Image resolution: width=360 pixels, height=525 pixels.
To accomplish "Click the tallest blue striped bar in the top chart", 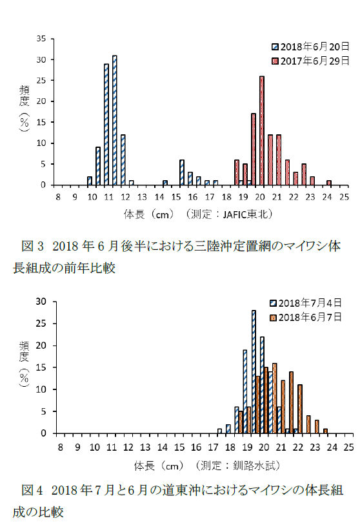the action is [114, 120].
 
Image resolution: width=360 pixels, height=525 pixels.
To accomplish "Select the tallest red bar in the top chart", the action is [262, 130].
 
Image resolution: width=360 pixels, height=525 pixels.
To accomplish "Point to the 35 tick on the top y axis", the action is [41, 39].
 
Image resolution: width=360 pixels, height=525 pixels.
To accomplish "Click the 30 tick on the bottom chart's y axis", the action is [41, 302].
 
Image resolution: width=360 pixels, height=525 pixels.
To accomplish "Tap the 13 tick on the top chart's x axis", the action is [142, 197].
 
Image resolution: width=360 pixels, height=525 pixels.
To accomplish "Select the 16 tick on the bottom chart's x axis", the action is [196, 447].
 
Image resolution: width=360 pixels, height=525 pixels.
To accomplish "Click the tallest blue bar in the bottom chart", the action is [254, 372].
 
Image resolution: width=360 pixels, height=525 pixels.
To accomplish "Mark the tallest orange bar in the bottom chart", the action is [274, 398].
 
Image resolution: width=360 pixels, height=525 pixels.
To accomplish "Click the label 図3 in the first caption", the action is [32, 246].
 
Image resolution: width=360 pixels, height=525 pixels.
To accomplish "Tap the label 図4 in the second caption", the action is [32, 490].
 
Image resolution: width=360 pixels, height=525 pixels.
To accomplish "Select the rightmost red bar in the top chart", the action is [329, 183].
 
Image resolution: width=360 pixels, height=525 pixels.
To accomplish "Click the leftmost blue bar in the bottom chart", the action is [219, 431].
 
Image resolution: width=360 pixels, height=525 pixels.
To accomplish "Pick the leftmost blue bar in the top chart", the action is [89, 181].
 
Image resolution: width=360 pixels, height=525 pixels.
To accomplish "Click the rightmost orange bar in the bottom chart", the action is [325, 431].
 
